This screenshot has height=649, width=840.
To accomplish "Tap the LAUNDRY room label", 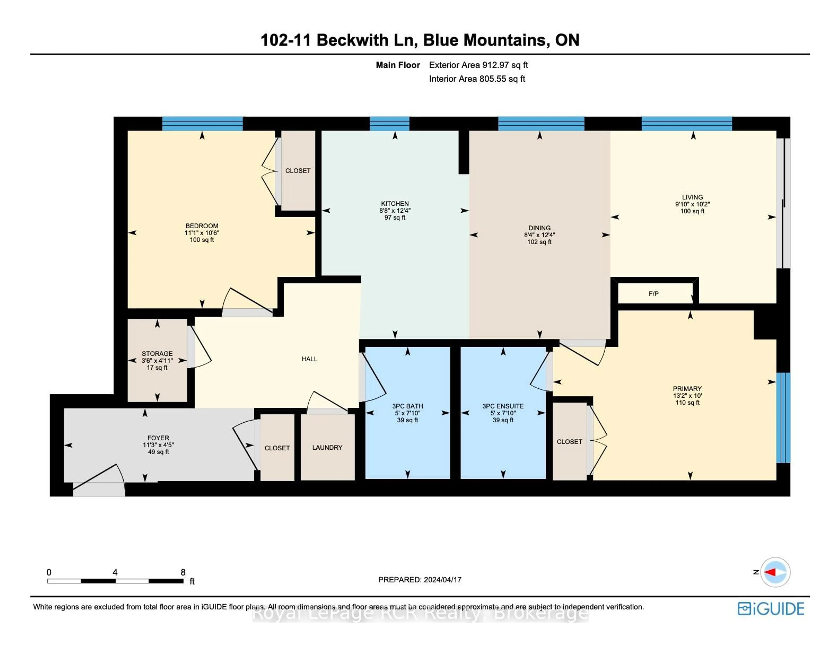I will point(327,447).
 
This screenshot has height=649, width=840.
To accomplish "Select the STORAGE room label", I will point(157,353).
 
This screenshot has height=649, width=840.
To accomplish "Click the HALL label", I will point(309,359).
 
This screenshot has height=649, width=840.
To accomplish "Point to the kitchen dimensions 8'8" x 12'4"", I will point(395,210).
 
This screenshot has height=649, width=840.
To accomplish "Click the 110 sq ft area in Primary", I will point(687,402).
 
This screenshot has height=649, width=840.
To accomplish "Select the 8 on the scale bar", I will point(183,572).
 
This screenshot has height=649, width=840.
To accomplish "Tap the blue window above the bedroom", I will point(202,124).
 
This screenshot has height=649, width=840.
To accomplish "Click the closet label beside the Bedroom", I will point(298,170).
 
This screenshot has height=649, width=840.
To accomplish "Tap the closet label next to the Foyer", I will point(277,448).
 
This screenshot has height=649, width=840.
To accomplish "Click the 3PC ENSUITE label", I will point(503,406).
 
